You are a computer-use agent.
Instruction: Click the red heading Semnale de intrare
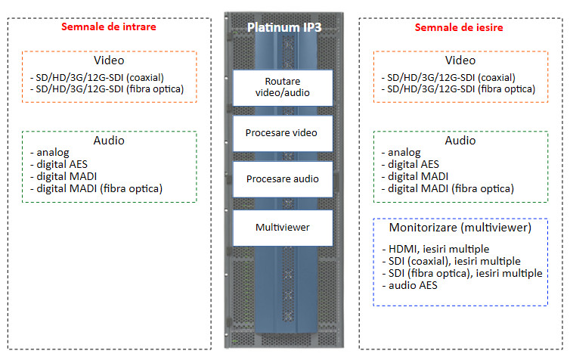[x=109, y=26]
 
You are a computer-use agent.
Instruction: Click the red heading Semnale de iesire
[x=459, y=27]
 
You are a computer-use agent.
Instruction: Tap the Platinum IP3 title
[x=284, y=27]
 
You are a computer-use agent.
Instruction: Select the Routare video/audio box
[x=283, y=88]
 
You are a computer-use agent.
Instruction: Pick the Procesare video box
[x=283, y=133]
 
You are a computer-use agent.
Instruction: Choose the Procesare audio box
[x=283, y=179]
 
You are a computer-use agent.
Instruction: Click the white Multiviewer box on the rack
[x=283, y=228]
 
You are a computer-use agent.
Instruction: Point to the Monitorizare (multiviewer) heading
[x=460, y=228]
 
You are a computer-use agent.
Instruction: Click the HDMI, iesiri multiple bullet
[x=435, y=249]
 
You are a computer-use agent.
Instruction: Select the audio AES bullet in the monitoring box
[x=410, y=285]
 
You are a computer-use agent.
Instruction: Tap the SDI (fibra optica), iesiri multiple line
[x=462, y=273]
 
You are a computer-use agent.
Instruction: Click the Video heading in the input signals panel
[x=109, y=60]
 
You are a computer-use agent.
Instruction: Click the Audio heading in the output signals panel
[x=460, y=141]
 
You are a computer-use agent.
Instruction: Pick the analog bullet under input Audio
[x=50, y=152]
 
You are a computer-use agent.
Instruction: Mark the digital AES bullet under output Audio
[x=410, y=164]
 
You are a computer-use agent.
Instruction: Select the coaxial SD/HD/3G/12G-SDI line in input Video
[x=97, y=77]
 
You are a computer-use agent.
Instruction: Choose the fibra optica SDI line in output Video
[x=458, y=89]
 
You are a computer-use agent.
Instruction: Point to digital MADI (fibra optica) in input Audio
[x=96, y=188]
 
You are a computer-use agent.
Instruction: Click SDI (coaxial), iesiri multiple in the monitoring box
[x=451, y=261]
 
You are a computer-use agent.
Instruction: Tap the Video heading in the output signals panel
[x=460, y=60]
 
